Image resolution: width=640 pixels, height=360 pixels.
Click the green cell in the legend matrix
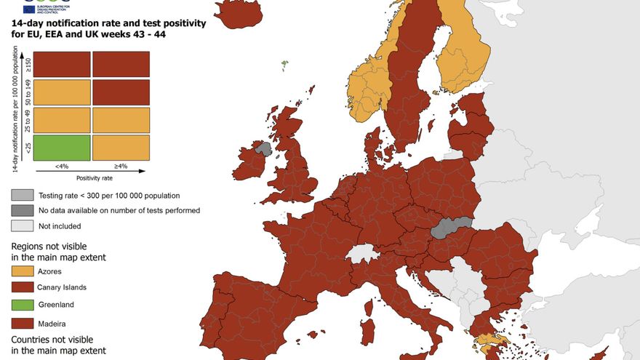[x=62, y=148]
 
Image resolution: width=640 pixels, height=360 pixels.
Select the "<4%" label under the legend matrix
[x=63, y=167]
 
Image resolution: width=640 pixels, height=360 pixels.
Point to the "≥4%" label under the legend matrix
[x=120, y=167]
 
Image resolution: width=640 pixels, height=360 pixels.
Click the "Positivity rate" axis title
[x=95, y=177]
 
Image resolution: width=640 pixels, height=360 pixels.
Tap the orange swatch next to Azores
[x=22, y=271]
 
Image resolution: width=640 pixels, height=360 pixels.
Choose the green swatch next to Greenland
[x=22, y=305]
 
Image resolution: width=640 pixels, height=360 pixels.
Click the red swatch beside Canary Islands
[x=22, y=288]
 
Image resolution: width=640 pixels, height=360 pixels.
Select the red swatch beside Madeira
[x=22, y=322]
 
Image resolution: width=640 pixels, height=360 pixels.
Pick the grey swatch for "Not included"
[x=22, y=226]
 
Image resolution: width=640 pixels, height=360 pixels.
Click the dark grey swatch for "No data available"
[x=22, y=210]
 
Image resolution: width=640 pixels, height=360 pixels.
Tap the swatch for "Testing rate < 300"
[x=22, y=195]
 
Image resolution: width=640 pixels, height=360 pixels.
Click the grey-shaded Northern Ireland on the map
[x=263, y=149]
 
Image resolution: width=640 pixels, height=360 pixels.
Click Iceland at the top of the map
[x=238, y=12]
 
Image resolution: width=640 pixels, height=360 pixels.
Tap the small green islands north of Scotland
[x=284, y=65]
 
